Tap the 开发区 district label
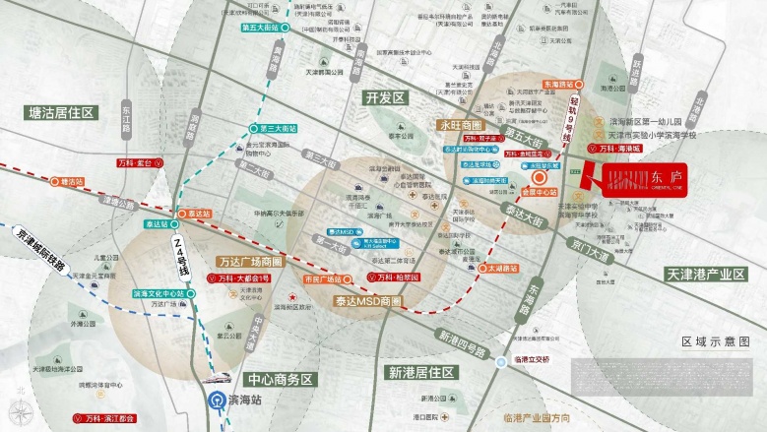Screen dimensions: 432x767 pos(386,97)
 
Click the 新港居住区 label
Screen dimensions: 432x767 pos(420,372)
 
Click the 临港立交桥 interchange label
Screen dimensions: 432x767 pos(539,360)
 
